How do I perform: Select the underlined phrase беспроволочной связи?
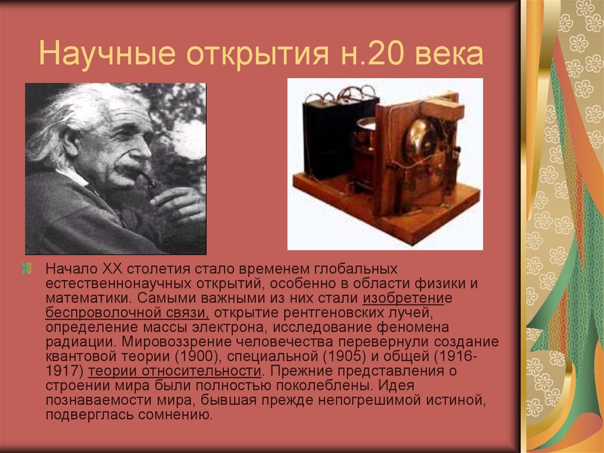coord(127,312)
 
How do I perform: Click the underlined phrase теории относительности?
coord(174,371)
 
